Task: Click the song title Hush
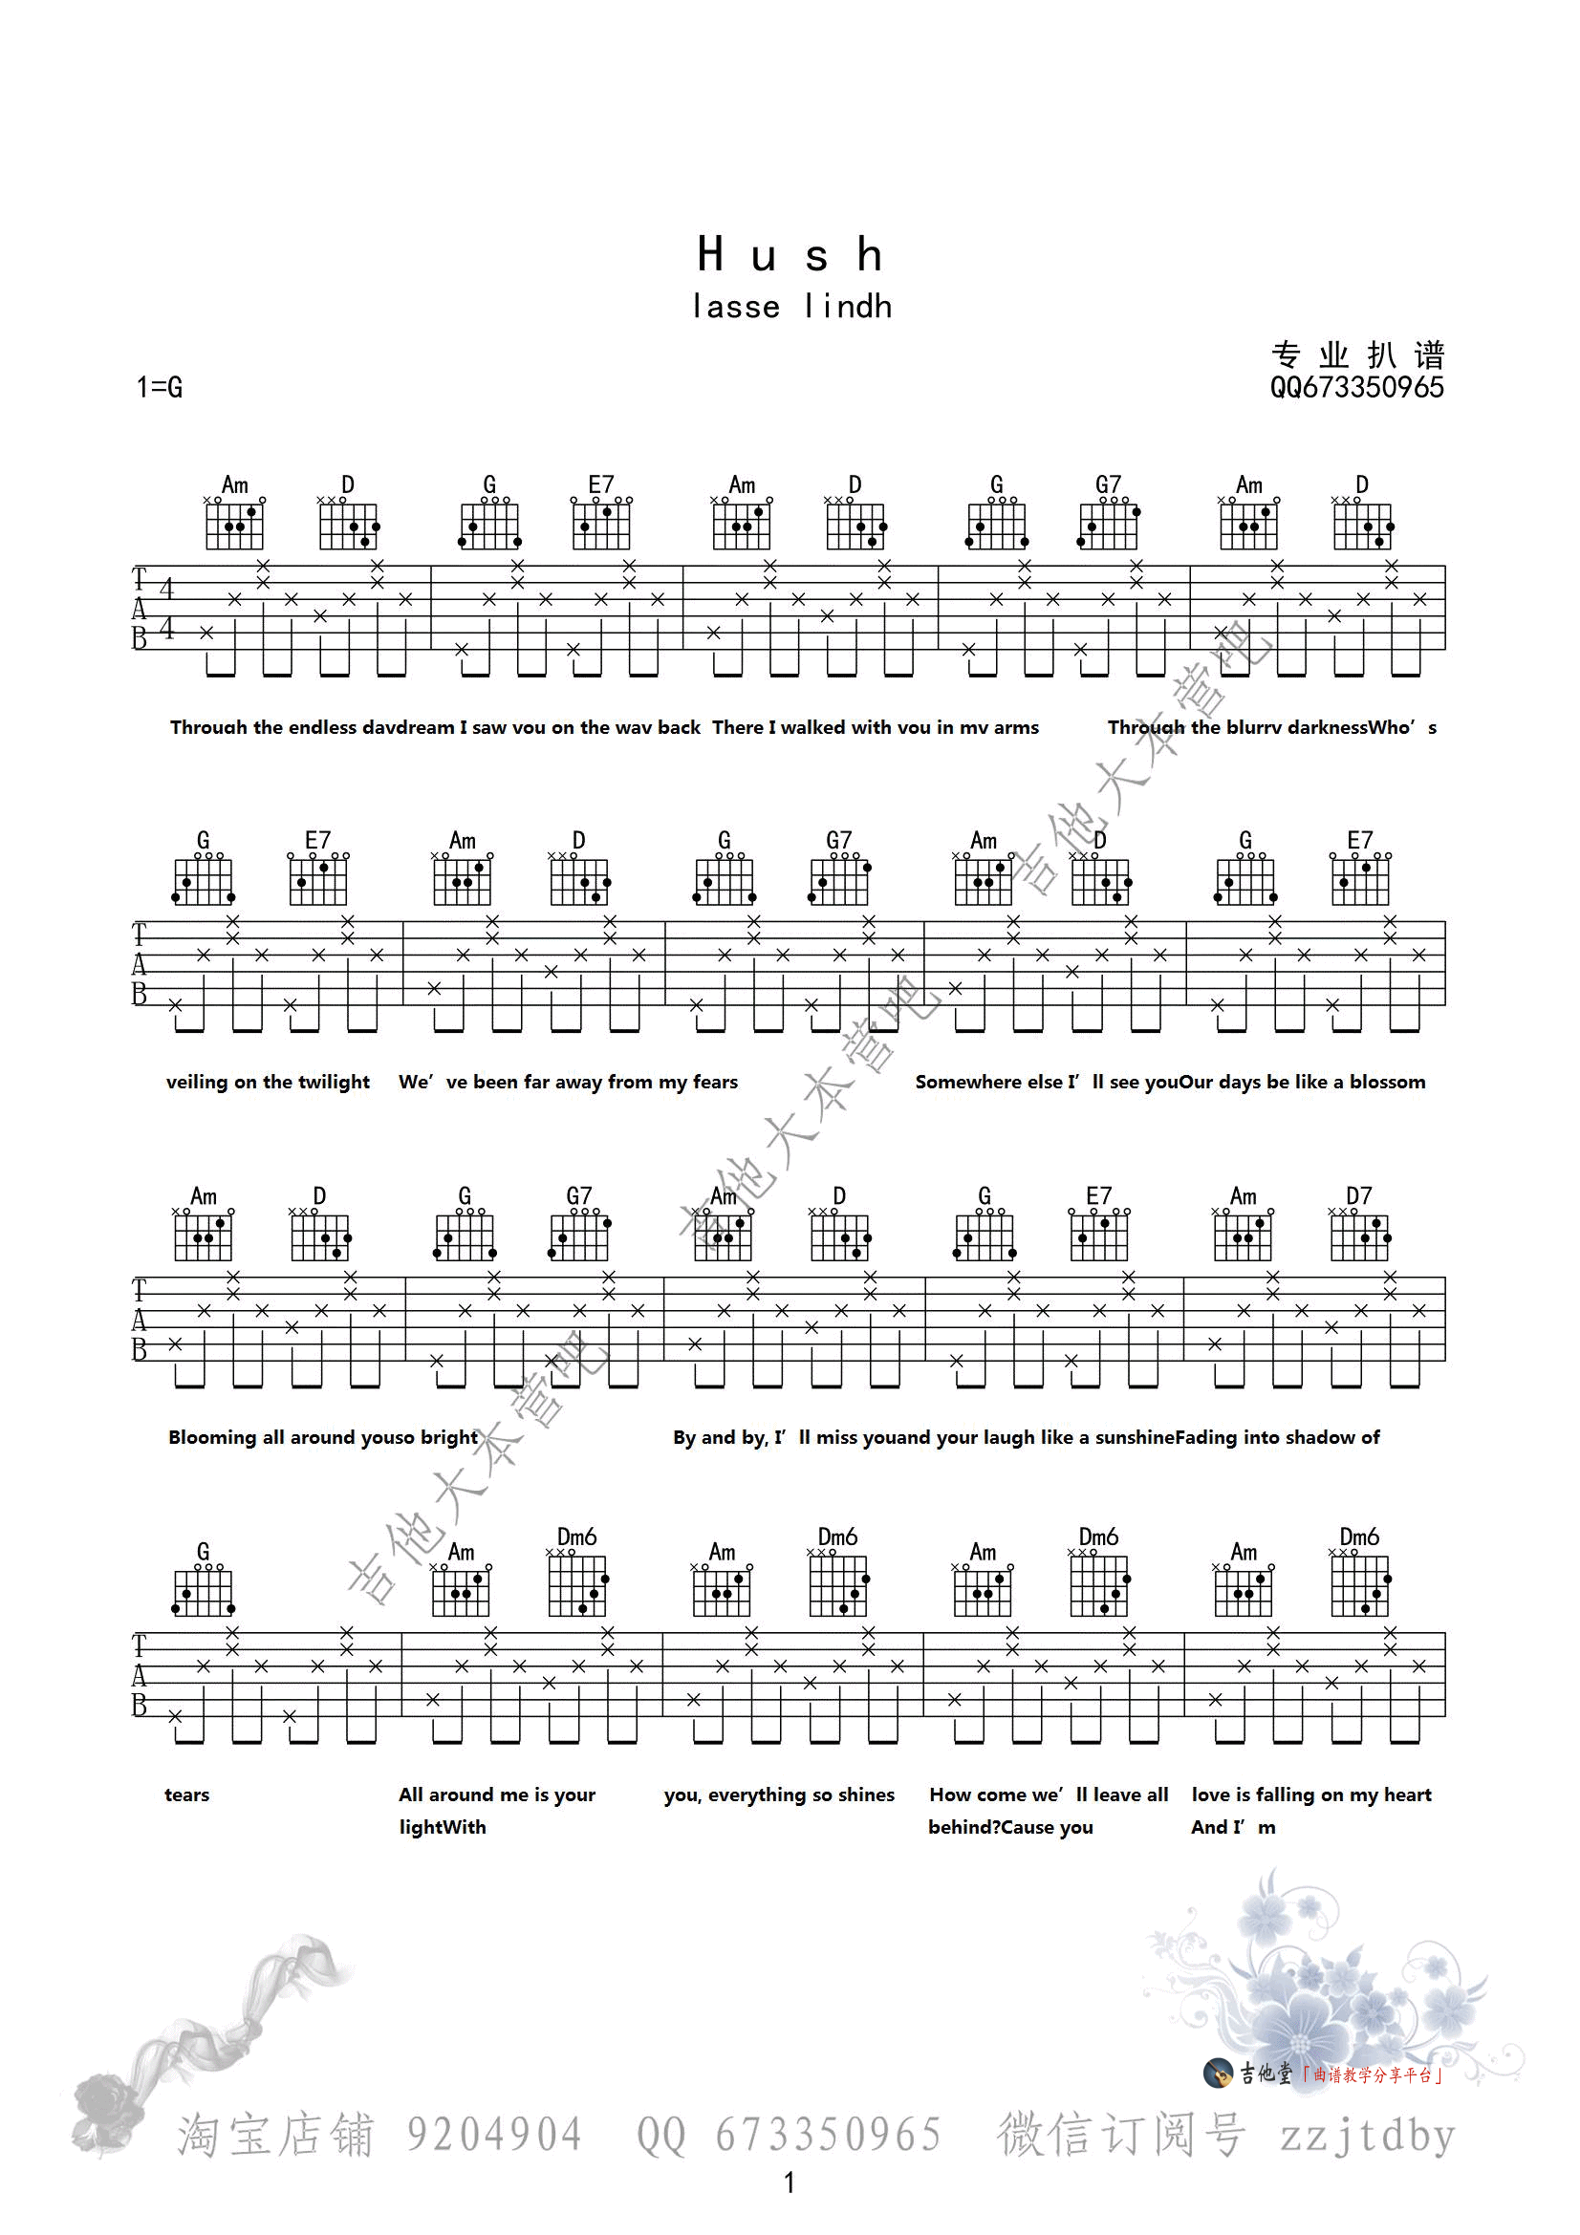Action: pos(790,255)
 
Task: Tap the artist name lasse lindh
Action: pos(791,307)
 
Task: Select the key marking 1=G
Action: pos(160,387)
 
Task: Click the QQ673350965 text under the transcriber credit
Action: pos(1356,387)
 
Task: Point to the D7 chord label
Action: pos(1359,1195)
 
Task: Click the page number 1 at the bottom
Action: pos(790,2182)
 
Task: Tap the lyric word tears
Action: pos(187,1795)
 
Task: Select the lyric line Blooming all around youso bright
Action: pos(322,1438)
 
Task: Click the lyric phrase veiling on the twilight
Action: pos(268,1083)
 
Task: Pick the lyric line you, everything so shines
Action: pos(779,1795)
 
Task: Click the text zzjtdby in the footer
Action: pos(1367,2136)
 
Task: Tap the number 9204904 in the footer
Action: pos(494,2136)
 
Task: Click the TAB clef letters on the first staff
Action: pos(140,610)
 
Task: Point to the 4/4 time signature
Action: pos(166,609)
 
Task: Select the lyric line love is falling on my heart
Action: pos(1311,1795)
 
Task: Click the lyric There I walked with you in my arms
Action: pos(876,727)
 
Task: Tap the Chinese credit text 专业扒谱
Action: pos(1357,355)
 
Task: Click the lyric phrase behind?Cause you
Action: pos(1010,1827)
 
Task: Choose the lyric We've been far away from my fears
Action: pos(569,1083)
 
